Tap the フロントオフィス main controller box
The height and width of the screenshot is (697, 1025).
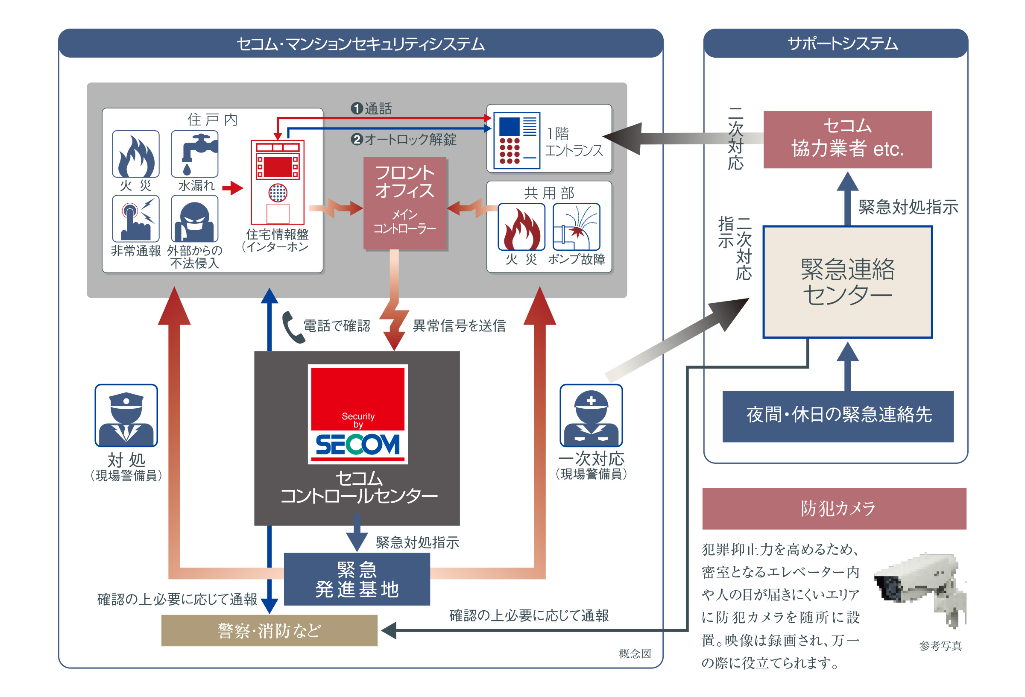pyautogui.click(x=404, y=203)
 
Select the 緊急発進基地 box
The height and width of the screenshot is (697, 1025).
pyautogui.click(x=357, y=579)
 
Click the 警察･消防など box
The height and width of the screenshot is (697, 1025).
pyautogui.click(x=269, y=630)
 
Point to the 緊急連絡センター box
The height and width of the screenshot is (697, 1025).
pyautogui.click(x=847, y=282)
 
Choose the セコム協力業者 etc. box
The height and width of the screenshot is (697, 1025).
pyautogui.click(x=847, y=139)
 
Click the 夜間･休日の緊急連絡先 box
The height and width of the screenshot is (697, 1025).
pyautogui.click(x=838, y=416)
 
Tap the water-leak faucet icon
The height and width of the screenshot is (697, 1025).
pyautogui.click(x=194, y=154)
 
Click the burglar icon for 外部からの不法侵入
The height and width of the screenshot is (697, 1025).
pyautogui.click(x=194, y=219)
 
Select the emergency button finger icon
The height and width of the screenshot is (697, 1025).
pyautogui.click(x=136, y=219)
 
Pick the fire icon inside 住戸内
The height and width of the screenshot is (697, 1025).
pyautogui.click(x=136, y=154)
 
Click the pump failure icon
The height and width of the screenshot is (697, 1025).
pyautogui.click(x=577, y=227)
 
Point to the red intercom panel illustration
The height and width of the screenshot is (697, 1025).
pyautogui.click(x=278, y=182)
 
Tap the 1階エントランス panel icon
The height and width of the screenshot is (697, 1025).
pyautogui.click(x=516, y=140)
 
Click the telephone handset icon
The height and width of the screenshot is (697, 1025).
pyautogui.click(x=293, y=327)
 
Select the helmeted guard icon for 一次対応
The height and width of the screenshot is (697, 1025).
pyautogui.click(x=591, y=416)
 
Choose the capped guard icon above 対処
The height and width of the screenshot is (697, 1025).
pyautogui.click(x=126, y=416)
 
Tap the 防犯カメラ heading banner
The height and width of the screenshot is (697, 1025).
pyautogui.click(x=834, y=508)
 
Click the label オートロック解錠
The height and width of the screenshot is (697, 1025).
pyautogui.click(x=410, y=140)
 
